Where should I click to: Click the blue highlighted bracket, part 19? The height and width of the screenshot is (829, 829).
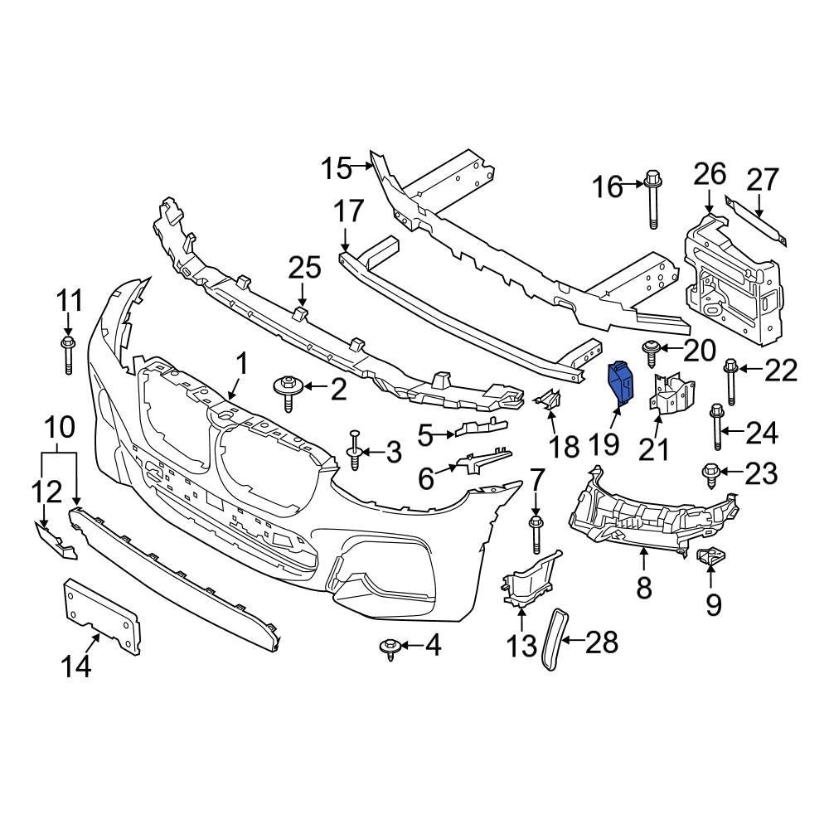620,385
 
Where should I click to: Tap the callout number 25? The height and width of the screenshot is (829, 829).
303,269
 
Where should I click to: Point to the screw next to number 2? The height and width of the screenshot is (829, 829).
288,390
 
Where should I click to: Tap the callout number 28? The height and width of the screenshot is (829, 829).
604,639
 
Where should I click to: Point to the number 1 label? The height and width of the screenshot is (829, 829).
242,364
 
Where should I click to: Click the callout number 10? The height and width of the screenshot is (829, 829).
59,428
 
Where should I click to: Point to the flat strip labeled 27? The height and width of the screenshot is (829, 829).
758,221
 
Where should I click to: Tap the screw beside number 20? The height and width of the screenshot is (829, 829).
649,351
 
